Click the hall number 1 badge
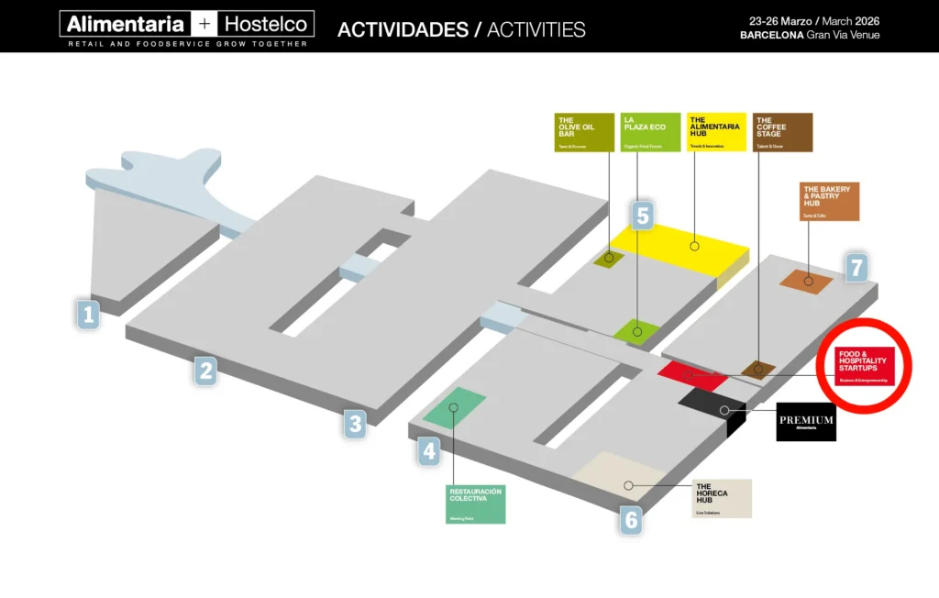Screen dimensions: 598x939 coord(88,316)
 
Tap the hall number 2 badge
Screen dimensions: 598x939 coord(205,371)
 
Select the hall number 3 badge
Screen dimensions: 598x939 coord(355,423)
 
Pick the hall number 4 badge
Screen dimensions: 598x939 coord(429,451)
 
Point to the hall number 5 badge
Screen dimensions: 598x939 coord(643,216)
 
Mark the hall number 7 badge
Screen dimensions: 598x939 coord(856,268)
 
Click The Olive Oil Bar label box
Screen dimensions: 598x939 coord(584,132)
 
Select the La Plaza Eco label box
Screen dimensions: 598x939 coord(650,132)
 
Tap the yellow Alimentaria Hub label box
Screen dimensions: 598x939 coord(716,132)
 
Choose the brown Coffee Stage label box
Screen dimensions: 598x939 coord(782,132)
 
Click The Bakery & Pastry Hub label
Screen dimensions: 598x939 coord(829,201)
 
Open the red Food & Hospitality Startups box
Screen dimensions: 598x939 coord(864,366)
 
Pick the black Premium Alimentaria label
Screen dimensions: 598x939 coord(806,421)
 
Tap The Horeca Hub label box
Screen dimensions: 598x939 coord(722,498)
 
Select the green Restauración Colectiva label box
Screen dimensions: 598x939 coord(475,504)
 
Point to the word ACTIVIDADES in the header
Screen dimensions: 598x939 coord(403,29)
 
